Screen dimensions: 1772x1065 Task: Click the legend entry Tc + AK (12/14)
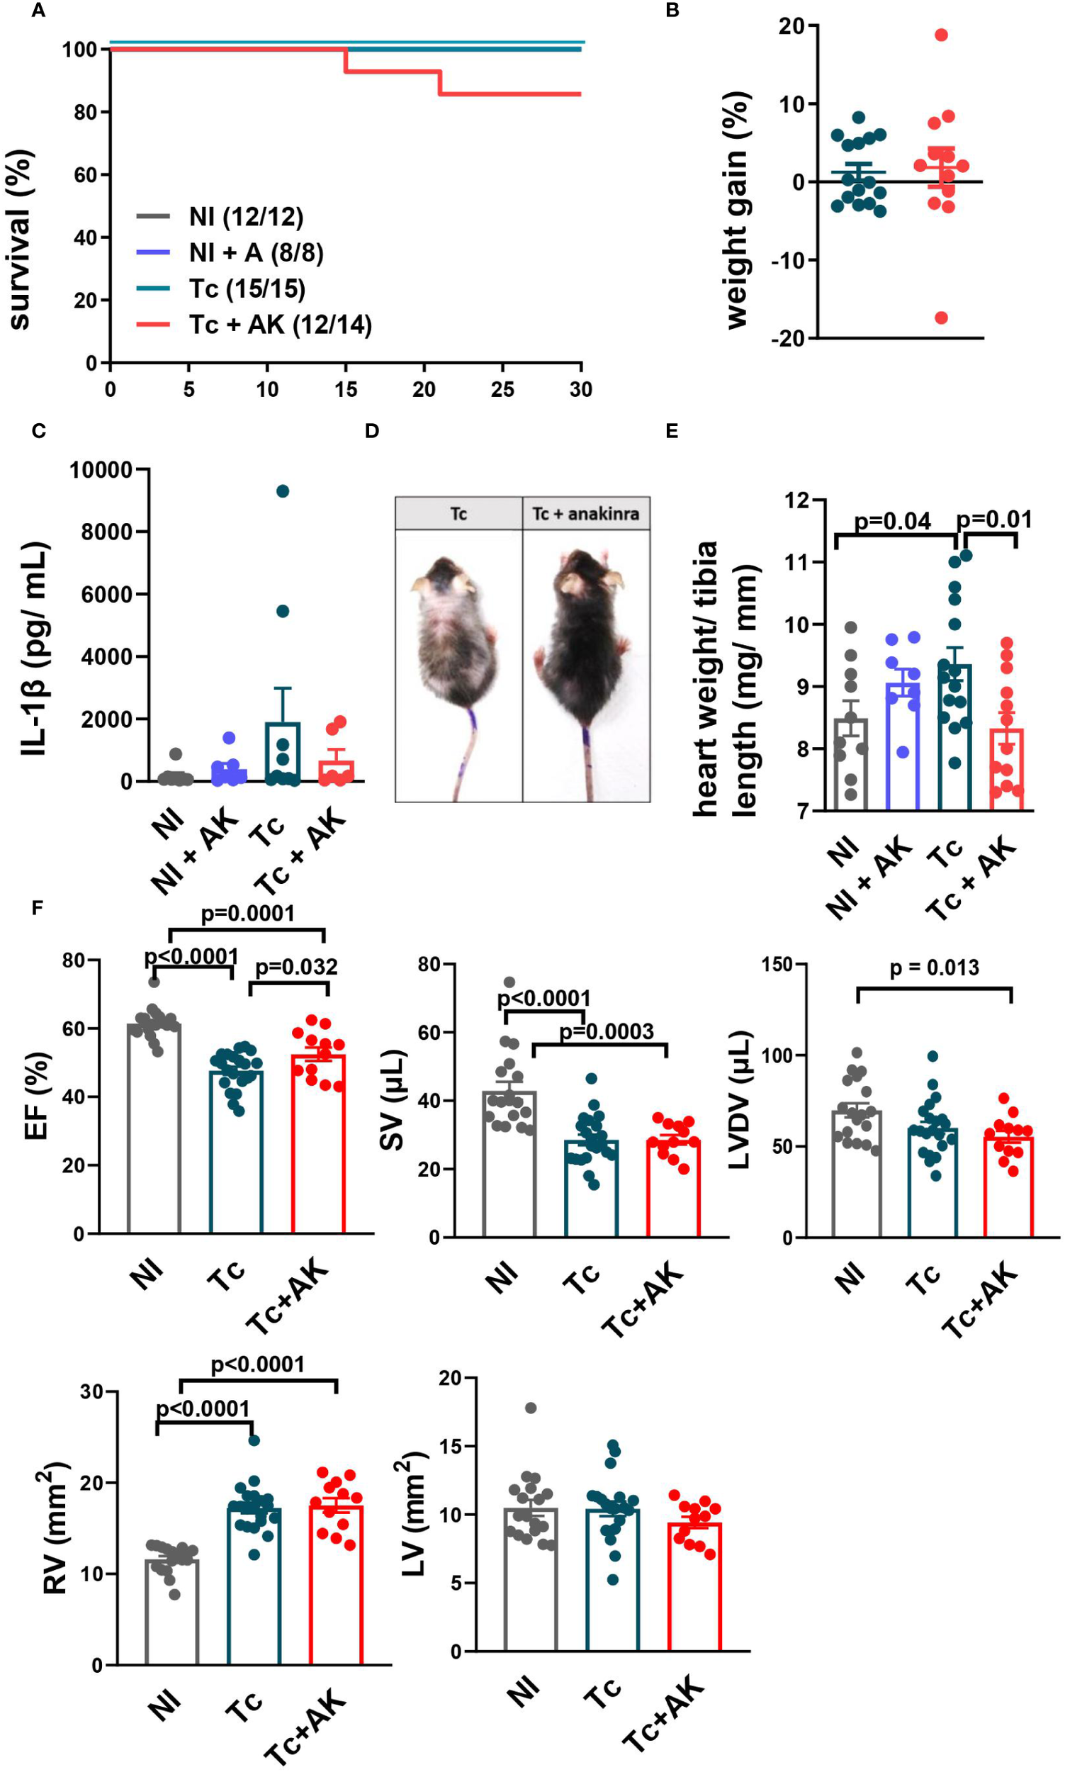pos(280,325)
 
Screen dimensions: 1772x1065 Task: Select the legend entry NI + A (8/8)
pos(257,252)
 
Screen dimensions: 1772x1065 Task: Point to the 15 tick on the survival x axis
pos(346,389)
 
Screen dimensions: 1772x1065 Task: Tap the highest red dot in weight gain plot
pos(942,35)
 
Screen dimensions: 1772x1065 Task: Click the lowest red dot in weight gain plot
pos(942,318)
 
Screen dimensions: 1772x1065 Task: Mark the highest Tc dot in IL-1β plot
pos(283,491)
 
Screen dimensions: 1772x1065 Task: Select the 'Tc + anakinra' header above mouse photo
pos(585,514)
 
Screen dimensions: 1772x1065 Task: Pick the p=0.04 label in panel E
pos(892,521)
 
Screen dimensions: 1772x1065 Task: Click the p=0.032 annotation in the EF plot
pos(295,967)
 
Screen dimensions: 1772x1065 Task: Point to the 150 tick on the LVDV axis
pos(777,964)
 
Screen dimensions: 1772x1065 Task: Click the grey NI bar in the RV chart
pos(171,1615)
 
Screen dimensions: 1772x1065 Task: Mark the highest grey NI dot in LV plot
pos(531,1408)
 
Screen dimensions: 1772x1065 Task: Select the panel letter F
pos(38,908)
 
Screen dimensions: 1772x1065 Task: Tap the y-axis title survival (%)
pos(20,239)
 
